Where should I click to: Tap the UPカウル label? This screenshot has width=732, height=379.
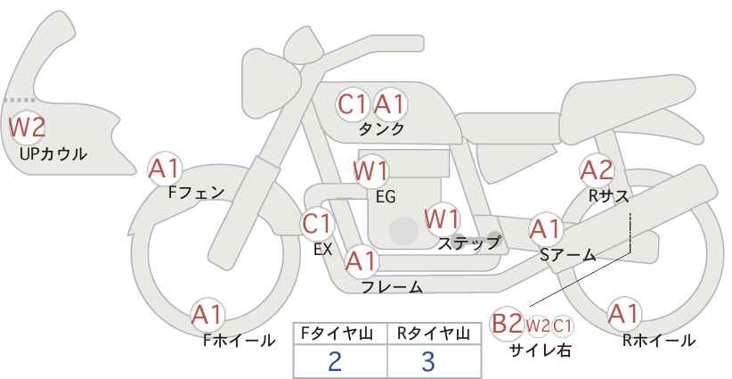(x=53, y=153)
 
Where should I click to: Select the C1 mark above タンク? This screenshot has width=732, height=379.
(x=352, y=104)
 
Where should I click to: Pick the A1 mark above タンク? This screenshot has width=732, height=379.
(x=389, y=104)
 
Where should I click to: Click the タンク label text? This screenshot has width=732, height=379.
(x=381, y=129)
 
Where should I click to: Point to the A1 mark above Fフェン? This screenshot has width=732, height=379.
(x=163, y=169)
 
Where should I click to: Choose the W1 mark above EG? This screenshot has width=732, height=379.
(x=370, y=171)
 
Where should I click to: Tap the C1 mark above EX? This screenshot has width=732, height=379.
(x=317, y=224)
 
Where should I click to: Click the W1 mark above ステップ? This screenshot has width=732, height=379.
(x=442, y=219)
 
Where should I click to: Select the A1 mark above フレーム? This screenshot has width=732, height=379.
(x=361, y=261)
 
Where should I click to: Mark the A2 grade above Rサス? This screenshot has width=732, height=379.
(x=596, y=171)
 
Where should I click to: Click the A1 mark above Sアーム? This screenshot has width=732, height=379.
(x=545, y=229)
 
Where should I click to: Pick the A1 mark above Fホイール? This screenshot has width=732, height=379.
(x=207, y=315)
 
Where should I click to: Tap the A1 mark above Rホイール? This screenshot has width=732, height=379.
(x=623, y=314)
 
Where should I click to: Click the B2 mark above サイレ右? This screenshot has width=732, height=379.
(x=507, y=324)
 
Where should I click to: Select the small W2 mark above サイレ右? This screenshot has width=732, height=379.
(x=537, y=326)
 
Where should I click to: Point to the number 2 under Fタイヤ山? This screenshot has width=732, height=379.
(x=335, y=361)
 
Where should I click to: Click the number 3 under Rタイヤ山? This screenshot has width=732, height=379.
(x=428, y=361)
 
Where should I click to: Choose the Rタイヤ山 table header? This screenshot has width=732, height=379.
(x=434, y=334)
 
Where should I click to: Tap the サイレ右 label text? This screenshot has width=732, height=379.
(x=541, y=350)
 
